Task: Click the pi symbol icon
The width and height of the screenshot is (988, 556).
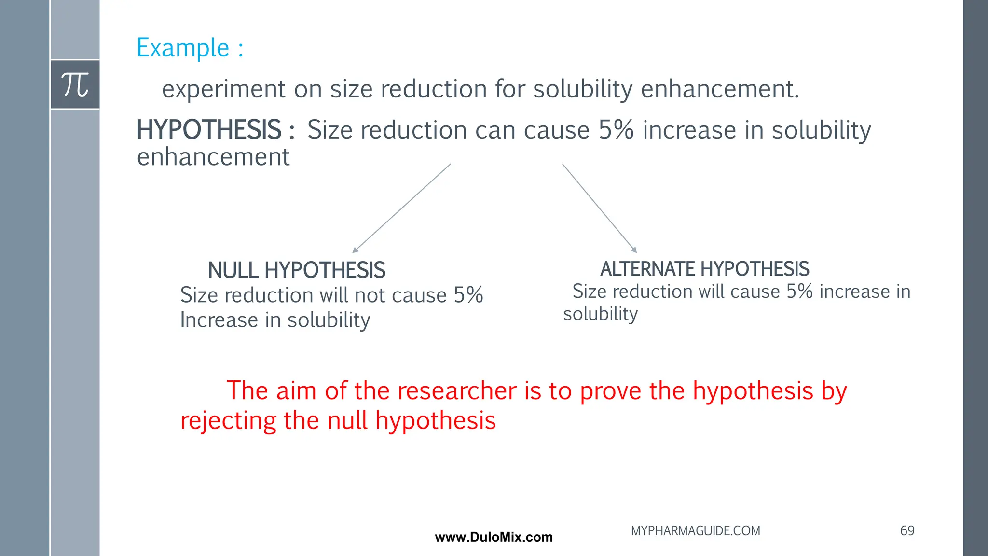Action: [x=75, y=84]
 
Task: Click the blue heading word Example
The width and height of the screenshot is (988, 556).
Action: [x=183, y=48]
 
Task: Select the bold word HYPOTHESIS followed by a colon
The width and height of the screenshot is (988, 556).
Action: [x=215, y=130]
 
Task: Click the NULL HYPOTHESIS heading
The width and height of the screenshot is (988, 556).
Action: [x=296, y=270]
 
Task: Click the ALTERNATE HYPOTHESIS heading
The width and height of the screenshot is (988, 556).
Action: [x=704, y=269]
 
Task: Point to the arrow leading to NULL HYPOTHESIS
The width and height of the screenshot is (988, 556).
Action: [x=401, y=208]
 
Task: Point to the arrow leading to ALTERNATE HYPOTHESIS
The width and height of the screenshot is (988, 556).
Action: [x=599, y=208]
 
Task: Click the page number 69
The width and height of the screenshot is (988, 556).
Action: [x=907, y=531]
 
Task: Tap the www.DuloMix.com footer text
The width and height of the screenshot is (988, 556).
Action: [x=494, y=537]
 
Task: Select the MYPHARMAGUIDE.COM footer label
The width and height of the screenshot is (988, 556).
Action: [x=695, y=531]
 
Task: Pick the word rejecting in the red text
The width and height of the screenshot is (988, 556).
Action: [x=228, y=421]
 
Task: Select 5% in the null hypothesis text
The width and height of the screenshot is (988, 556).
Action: [x=468, y=295]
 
